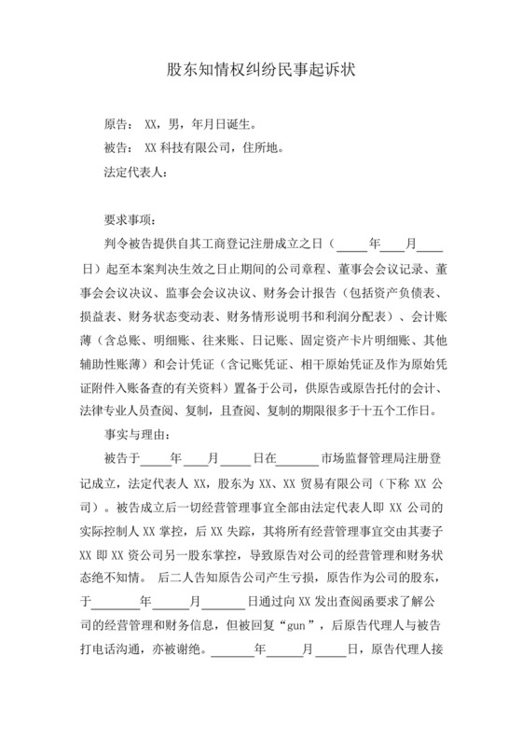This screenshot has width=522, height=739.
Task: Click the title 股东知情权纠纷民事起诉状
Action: (x=261, y=69)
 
